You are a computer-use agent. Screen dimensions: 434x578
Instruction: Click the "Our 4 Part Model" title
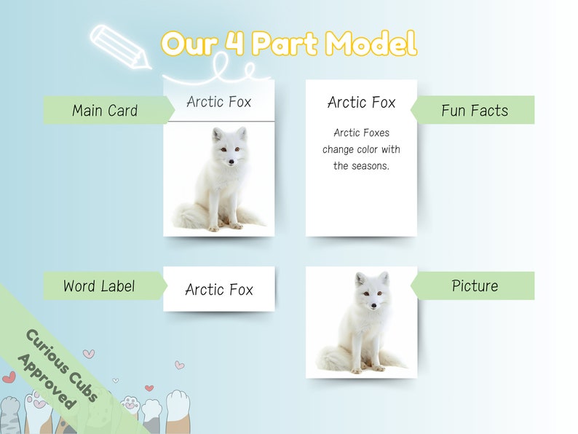(289, 44)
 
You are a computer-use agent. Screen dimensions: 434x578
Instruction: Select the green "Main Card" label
(105, 111)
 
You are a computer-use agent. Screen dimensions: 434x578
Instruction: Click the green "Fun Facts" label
(475, 111)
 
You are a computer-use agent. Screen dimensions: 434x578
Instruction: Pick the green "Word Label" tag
(99, 286)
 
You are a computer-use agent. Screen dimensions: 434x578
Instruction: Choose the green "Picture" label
(475, 286)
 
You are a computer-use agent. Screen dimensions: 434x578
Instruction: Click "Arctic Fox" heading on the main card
(218, 102)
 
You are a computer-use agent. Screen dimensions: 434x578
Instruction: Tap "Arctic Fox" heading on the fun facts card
(361, 103)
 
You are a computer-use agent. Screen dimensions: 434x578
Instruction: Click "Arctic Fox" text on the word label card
(219, 290)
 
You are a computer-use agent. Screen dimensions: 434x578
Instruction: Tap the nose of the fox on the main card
(231, 161)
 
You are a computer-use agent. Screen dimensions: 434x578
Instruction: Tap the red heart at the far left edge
(8, 377)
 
